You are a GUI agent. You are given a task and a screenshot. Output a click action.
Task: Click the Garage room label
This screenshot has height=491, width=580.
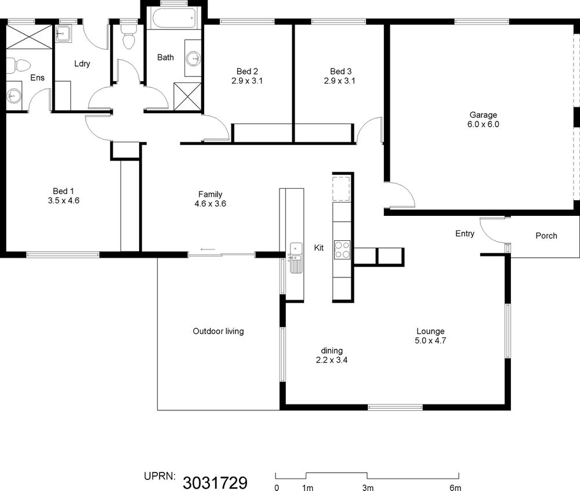(483, 115)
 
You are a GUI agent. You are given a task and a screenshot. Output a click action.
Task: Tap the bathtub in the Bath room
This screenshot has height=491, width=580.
(174, 18)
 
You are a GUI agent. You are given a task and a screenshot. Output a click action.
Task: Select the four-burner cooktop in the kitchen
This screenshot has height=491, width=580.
(342, 250)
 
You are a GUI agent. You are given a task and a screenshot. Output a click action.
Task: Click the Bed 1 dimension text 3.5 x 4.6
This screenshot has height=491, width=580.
(64, 201)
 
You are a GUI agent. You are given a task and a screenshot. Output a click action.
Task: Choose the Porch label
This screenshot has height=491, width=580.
(546, 236)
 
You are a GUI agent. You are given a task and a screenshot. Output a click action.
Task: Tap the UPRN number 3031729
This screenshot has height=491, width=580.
(215, 482)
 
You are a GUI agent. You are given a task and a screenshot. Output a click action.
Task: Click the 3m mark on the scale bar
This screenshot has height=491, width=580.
(368, 488)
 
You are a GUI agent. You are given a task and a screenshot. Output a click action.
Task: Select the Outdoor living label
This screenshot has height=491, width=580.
(218, 331)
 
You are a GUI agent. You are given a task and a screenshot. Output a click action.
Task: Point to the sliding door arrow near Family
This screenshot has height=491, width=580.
(208, 250)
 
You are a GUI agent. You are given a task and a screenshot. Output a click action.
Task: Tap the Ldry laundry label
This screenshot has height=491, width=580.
(82, 64)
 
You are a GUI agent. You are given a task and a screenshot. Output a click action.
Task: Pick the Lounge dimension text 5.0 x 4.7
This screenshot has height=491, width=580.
(430, 341)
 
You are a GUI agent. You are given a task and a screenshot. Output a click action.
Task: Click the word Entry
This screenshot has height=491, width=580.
(465, 233)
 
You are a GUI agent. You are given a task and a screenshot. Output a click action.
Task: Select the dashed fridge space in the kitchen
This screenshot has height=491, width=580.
(341, 189)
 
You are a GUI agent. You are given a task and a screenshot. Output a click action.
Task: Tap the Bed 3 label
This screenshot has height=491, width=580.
(340, 71)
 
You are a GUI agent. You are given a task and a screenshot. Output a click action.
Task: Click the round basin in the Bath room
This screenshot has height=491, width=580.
(193, 58)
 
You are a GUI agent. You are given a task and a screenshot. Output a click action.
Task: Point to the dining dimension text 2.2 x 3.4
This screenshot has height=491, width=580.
(331, 360)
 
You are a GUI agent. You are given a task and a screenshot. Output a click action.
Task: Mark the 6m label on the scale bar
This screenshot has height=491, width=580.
(455, 488)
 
